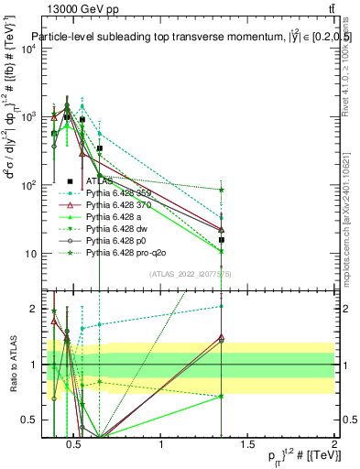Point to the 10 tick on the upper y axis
pyautogui.click(x=29, y=254)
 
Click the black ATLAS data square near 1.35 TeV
pyautogui.click(x=223, y=240)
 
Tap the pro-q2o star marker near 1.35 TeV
pyautogui.click(x=223, y=190)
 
